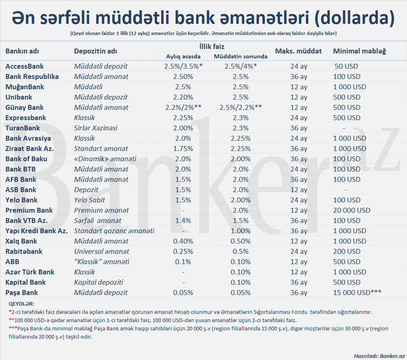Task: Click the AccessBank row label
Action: coord(25,66)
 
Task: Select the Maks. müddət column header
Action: coord(298,51)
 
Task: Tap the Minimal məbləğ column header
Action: coord(359,51)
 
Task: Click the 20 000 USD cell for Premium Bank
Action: coord(351,210)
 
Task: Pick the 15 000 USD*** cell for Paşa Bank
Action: coord(357,293)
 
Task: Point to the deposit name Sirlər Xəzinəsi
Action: coord(96,128)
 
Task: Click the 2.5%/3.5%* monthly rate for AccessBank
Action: coord(183,66)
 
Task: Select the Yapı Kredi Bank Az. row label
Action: coord(37,231)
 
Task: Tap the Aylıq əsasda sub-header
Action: coord(183,56)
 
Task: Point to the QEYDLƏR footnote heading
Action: coord(21,304)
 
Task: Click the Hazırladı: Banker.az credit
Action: coord(379,355)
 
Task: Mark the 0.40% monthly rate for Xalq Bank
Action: coord(183,241)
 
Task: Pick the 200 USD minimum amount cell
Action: coord(347,251)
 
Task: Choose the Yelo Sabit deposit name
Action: coord(90,200)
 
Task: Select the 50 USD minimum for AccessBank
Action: coord(347,66)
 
